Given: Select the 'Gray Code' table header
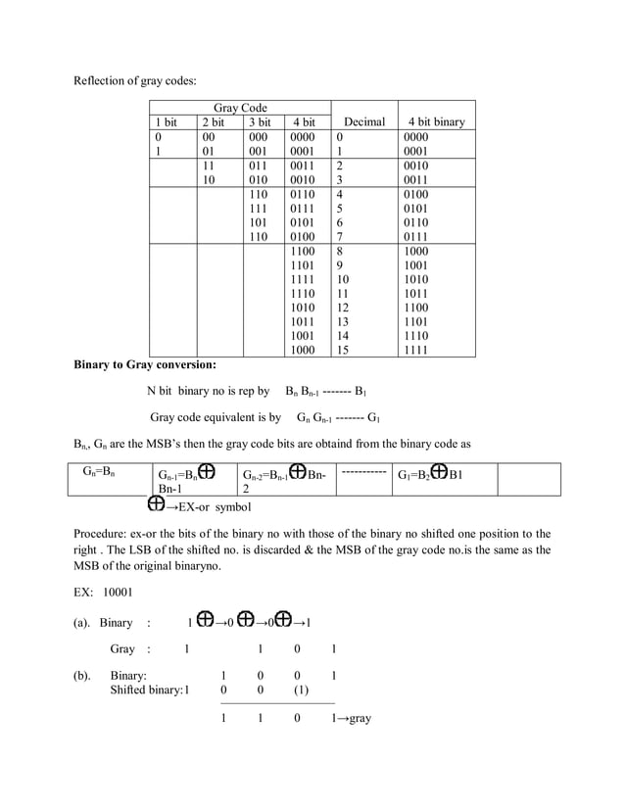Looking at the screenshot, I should click(240, 108).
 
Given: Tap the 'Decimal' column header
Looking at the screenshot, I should click(363, 122).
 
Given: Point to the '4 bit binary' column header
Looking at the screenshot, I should click(436, 122).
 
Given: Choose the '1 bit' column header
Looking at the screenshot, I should click(166, 122).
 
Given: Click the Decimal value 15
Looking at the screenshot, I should click(342, 350).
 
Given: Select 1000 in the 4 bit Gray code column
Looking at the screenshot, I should click(303, 350).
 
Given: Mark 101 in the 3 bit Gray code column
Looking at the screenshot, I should click(258, 222).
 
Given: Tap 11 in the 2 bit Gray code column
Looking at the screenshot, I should click(208, 167).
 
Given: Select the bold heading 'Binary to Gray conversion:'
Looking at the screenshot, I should click(145, 365).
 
